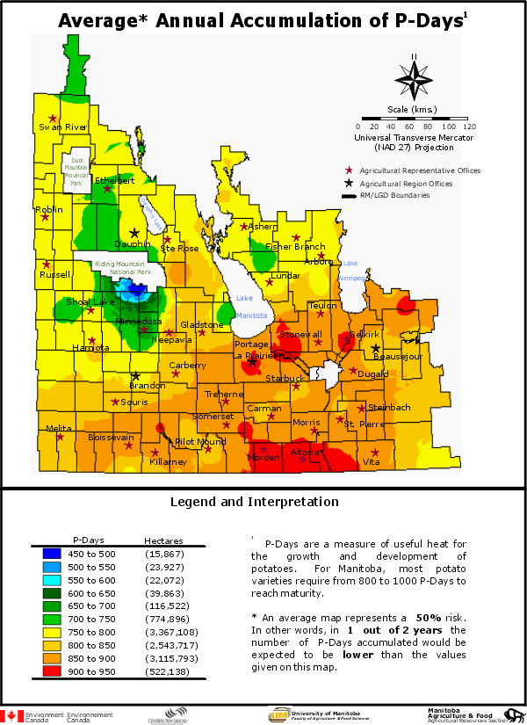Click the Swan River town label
click(63, 127)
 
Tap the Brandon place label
click(147, 386)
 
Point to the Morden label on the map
click(263, 458)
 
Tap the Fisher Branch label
click(295, 247)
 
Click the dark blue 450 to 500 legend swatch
click(52, 553)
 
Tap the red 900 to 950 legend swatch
click(52, 671)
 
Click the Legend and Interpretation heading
click(254, 503)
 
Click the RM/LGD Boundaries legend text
click(394, 195)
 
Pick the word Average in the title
click(97, 20)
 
